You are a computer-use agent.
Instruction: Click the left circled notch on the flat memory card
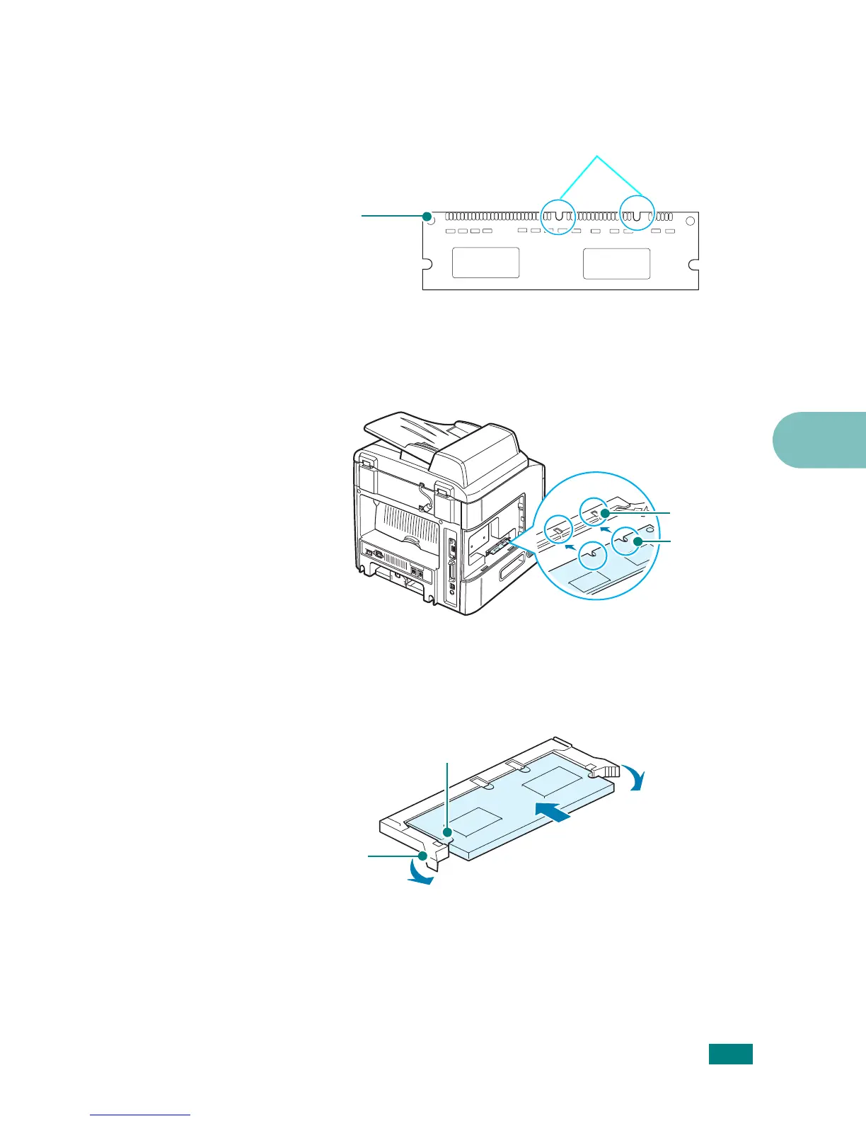(x=558, y=215)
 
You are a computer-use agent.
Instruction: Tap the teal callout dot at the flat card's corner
(x=427, y=217)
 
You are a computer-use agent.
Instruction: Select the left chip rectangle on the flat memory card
(x=485, y=263)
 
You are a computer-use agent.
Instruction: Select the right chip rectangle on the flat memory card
(x=616, y=263)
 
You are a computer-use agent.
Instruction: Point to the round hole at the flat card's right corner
(x=691, y=219)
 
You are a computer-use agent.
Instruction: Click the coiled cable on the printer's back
(x=425, y=495)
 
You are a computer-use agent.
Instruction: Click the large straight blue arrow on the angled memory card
(x=553, y=812)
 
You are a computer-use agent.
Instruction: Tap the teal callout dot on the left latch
(x=423, y=856)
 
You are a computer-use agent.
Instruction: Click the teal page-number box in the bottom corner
(x=731, y=1054)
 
